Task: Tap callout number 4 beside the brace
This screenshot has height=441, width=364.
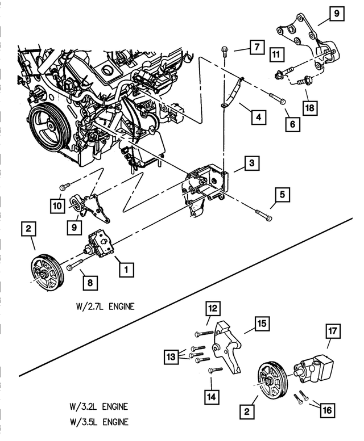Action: point(258,117)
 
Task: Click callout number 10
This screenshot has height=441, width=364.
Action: point(59,205)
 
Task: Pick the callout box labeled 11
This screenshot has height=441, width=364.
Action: point(276,55)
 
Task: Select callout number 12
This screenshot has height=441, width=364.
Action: point(213,309)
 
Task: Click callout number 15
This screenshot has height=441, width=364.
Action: point(262,324)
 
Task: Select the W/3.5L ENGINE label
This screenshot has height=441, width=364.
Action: point(96,422)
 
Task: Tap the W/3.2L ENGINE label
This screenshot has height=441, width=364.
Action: point(96,407)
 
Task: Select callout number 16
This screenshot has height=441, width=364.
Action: point(326,409)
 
